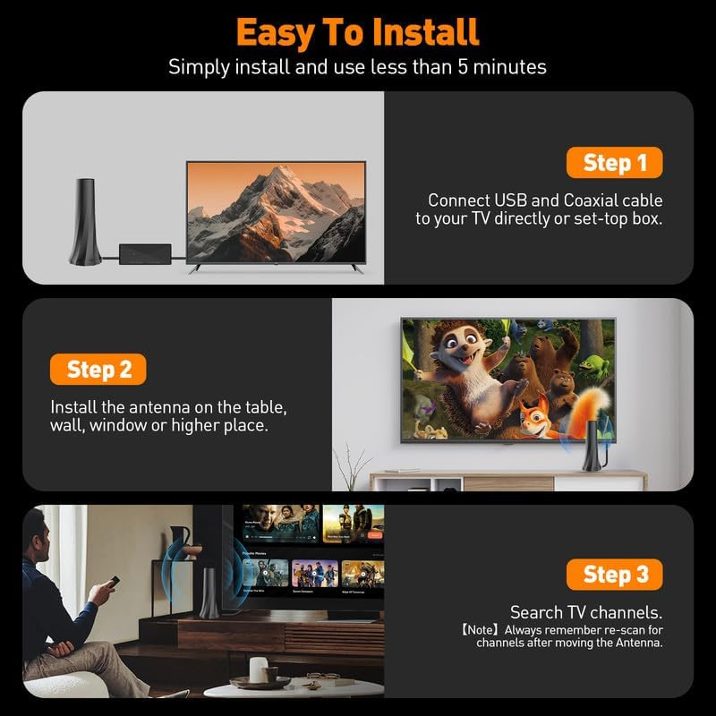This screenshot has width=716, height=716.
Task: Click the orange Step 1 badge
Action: (x=615, y=163)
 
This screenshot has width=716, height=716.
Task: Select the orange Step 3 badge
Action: (x=615, y=574)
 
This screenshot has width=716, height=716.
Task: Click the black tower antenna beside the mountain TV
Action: (x=86, y=220)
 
